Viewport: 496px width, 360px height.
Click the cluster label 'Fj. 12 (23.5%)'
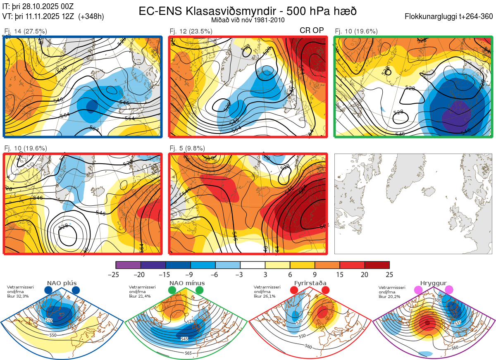tap(191, 31)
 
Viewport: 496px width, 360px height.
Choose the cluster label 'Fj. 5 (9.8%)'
tap(187, 148)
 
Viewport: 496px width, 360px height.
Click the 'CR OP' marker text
tap(312, 31)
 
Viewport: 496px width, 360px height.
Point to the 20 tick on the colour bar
tap(364, 274)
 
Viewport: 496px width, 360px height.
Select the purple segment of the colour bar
tap(128, 265)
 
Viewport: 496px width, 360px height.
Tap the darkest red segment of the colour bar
tap(377, 265)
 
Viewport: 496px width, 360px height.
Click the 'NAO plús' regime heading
tap(62, 283)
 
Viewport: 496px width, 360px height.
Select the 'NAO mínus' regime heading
tap(187, 283)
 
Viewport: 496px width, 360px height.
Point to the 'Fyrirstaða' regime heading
tap(310, 283)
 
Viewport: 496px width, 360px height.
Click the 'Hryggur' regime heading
tap(434, 283)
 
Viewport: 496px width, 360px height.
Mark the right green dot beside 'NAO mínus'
tap(200, 290)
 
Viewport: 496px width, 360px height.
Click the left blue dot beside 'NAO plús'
tap(48, 290)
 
